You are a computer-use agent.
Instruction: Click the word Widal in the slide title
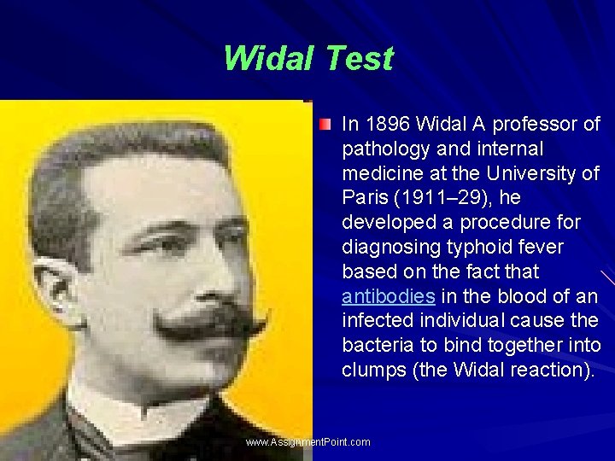tap(268, 59)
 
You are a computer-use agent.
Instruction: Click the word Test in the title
tap(358, 59)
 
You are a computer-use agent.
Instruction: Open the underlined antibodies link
tap(389, 297)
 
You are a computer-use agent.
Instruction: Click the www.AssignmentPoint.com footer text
tap(307, 442)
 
